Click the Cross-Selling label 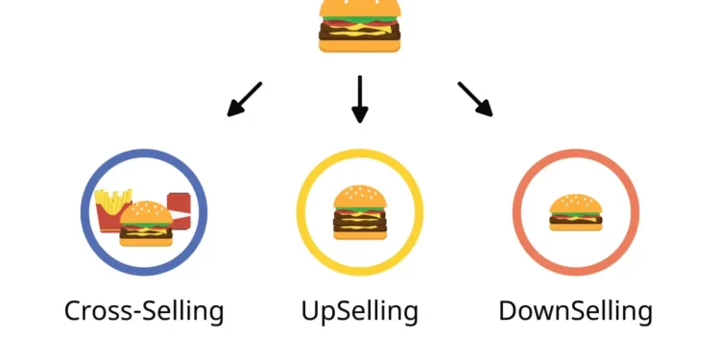[x=144, y=311]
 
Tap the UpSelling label [x=360, y=311]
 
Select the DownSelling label [x=575, y=311]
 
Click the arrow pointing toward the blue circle [x=244, y=99]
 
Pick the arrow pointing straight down [x=360, y=100]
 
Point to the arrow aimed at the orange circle [x=475, y=99]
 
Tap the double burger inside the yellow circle [x=360, y=211]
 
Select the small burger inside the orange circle [x=575, y=211]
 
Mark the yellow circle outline [x=300, y=212]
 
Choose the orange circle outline [x=516, y=212]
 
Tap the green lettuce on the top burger [x=360, y=21]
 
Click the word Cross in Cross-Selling [x=95, y=311]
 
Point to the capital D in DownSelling [x=509, y=311]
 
